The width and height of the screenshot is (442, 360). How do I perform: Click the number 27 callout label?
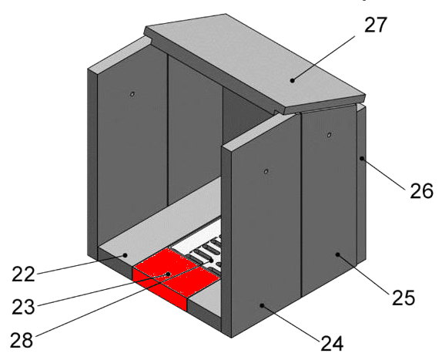[376, 25]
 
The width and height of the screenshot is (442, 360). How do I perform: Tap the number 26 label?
[421, 190]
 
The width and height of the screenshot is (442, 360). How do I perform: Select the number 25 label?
[403, 298]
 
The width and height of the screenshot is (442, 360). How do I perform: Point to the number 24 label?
[332, 343]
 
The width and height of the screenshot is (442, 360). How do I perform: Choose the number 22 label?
[23, 274]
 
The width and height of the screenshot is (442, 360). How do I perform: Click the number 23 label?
[23, 307]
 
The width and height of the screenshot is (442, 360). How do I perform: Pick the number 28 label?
[22, 339]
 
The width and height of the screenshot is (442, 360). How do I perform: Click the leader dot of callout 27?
[293, 80]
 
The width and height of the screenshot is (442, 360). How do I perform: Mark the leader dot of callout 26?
[362, 158]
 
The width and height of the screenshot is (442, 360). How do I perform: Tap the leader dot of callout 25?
[337, 254]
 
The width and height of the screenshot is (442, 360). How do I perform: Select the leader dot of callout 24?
[262, 305]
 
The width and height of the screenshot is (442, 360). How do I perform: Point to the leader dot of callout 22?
[125, 255]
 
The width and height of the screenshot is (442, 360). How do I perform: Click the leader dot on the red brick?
[169, 274]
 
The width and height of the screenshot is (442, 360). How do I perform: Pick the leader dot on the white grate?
[212, 259]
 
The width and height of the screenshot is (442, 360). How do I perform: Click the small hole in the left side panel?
[132, 94]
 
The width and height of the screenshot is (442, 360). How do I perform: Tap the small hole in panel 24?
[266, 171]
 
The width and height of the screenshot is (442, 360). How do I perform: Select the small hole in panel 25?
[329, 135]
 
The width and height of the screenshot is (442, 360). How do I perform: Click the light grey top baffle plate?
[255, 63]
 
